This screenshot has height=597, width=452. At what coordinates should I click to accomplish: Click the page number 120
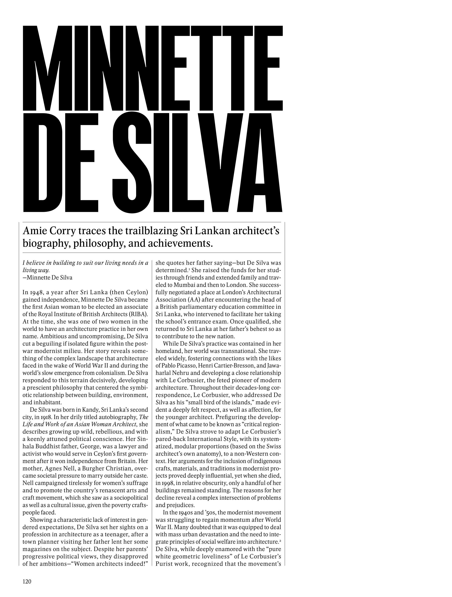pyautogui.click(x=27, y=581)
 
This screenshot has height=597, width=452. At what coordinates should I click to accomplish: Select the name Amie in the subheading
pyautogui.click(x=33, y=231)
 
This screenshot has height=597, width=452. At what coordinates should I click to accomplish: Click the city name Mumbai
pyautogui.click(x=185, y=285)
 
